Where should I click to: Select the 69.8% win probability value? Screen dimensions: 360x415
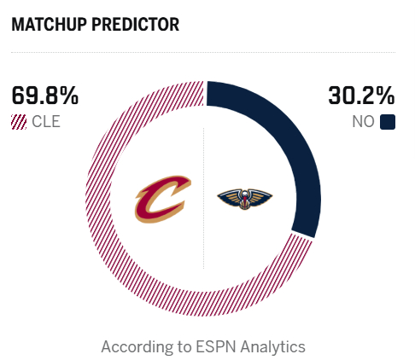click(x=45, y=96)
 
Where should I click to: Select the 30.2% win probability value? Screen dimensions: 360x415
click(x=363, y=96)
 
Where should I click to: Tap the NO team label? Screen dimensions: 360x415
click(x=364, y=122)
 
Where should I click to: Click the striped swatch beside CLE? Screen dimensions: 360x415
click(x=19, y=122)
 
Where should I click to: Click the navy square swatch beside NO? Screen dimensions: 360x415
click(x=389, y=122)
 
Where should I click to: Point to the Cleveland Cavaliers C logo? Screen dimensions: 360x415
click(x=162, y=198)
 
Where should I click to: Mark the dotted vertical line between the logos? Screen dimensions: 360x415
click(x=204, y=256)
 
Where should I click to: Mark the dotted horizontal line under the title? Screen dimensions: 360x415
click(x=205, y=53)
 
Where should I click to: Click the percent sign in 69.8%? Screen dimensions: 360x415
click(x=70, y=96)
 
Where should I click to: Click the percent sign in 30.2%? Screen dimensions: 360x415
click(x=387, y=96)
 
